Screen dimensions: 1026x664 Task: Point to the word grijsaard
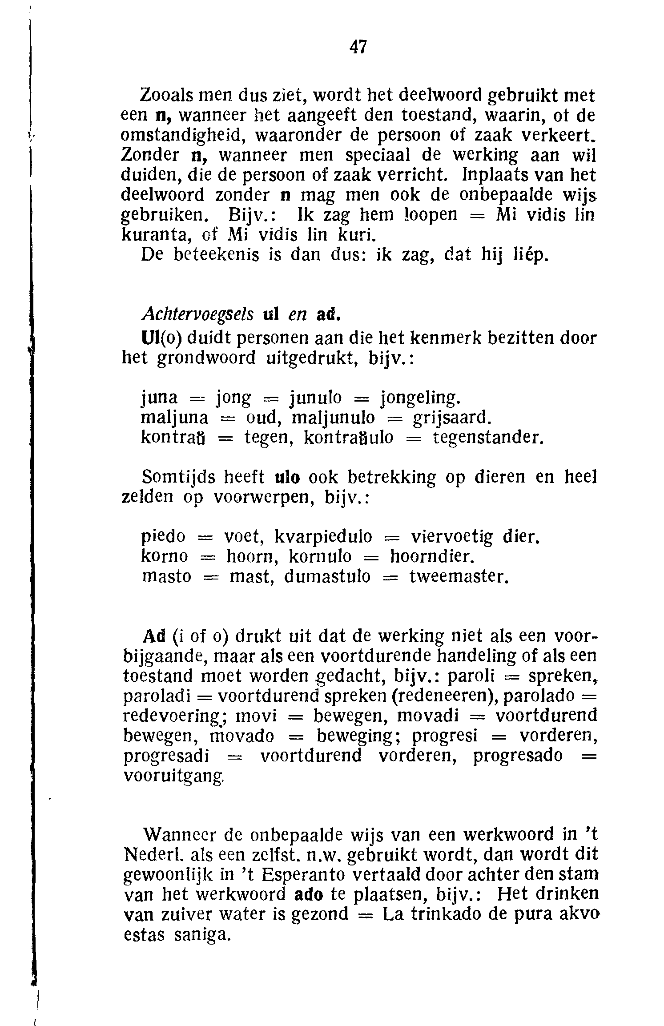coord(452,418)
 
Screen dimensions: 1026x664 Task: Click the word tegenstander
coord(488,438)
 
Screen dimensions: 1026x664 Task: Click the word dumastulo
coord(327,576)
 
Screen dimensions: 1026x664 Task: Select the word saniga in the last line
coord(202,934)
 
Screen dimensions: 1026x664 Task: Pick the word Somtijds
coord(178,477)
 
